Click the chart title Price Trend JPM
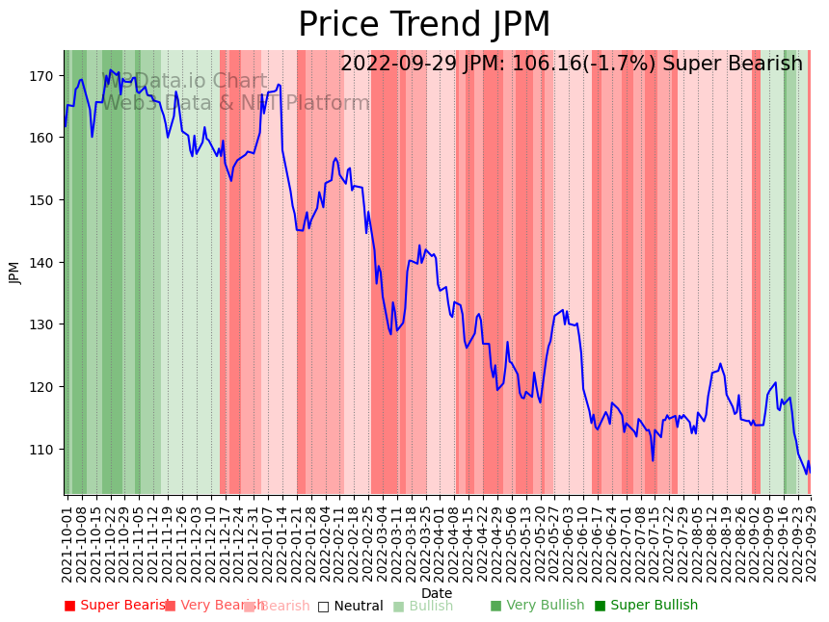[x=424, y=25]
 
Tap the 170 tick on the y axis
[x=46, y=75]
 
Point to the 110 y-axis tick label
[x=46, y=449]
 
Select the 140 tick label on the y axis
[x=46, y=262]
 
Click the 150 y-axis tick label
[x=46, y=199]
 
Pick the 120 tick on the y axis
[x=46, y=386]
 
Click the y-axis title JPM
[x=14, y=272]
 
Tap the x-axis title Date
[x=436, y=593]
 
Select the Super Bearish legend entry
[x=117, y=606]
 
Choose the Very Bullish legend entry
[x=537, y=606]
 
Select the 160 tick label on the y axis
[x=46, y=137]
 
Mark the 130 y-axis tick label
[x=46, y=324]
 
